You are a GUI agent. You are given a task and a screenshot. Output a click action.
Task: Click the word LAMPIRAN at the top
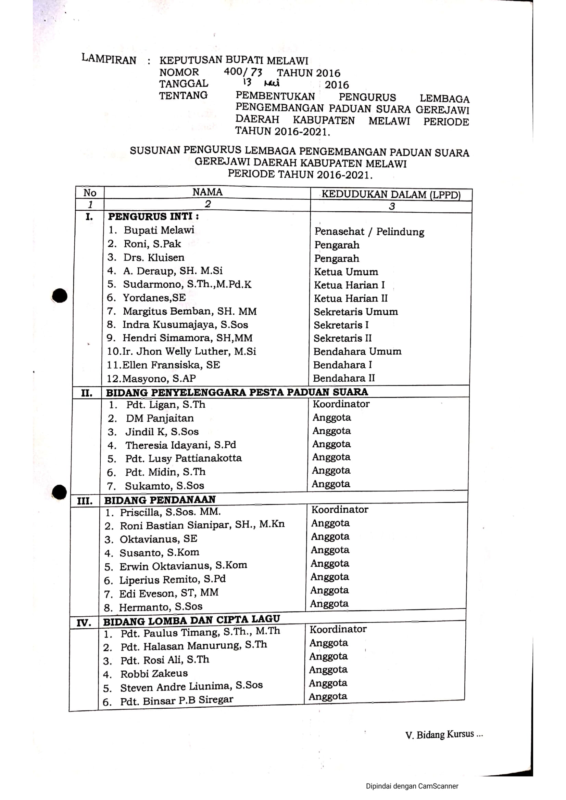tap(109, 59)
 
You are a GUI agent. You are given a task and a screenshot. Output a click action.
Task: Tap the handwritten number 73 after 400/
tap(256, 72)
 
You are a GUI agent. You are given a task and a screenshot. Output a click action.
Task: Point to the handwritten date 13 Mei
tap(262, 83)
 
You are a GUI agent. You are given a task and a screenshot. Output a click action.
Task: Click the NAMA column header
tap(207, 192)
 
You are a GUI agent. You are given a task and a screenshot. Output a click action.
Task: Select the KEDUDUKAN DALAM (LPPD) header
tap(391, 194)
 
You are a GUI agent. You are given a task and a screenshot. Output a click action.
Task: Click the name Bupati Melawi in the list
tap(159, 230)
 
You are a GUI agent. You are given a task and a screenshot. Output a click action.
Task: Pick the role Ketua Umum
tap(346, 272)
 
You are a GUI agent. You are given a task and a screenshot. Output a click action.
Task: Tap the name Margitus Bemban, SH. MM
tap(189, 311)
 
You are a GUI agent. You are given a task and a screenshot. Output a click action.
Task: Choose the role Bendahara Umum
tap(357, 351)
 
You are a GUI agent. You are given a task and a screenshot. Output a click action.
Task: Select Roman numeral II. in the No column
tap(87, 393)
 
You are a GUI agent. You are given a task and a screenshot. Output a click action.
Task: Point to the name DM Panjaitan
tap(160, 418)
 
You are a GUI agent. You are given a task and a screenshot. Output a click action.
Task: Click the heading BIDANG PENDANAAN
tap(160, 500)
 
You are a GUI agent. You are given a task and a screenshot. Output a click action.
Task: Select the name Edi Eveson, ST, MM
tap(169, 593)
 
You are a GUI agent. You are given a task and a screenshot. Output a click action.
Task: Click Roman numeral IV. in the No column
tap(84, 622)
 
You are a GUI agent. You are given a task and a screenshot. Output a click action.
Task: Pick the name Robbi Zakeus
tap(154, 674)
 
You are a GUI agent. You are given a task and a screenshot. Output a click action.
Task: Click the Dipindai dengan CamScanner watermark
tap(412, 786)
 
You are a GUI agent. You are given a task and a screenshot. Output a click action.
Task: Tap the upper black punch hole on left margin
tap(60, 296)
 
